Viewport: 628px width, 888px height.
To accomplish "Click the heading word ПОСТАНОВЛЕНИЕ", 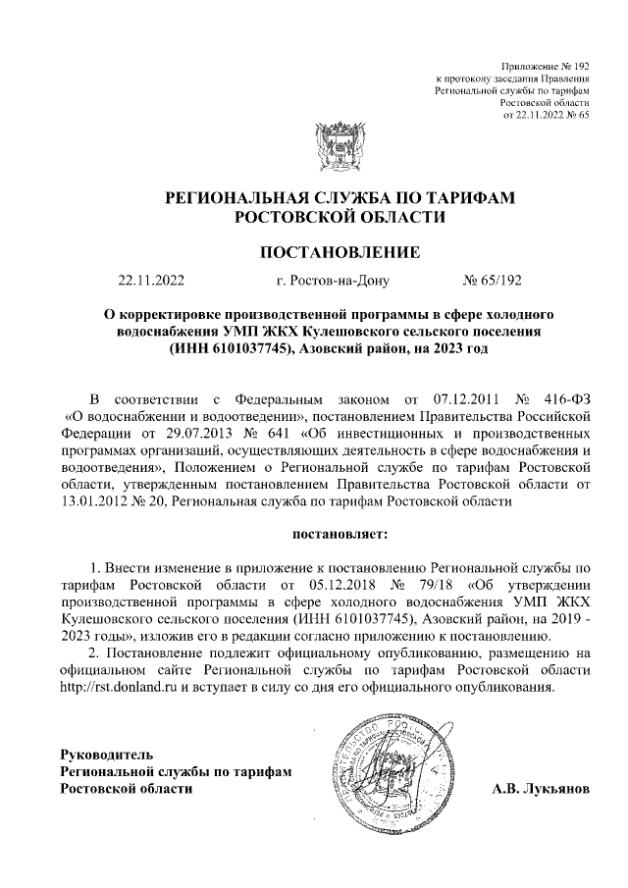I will [339, 252].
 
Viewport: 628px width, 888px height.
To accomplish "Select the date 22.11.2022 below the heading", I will [151, 281].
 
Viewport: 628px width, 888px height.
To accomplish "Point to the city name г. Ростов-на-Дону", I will [334, 281].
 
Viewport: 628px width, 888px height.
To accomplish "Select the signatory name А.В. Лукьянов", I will [541, 789].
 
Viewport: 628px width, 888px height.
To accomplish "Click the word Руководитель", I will [107, 755].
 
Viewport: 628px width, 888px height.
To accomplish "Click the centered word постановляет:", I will [339, 535].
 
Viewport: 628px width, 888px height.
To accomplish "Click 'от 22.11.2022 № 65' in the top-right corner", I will [545, 114].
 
